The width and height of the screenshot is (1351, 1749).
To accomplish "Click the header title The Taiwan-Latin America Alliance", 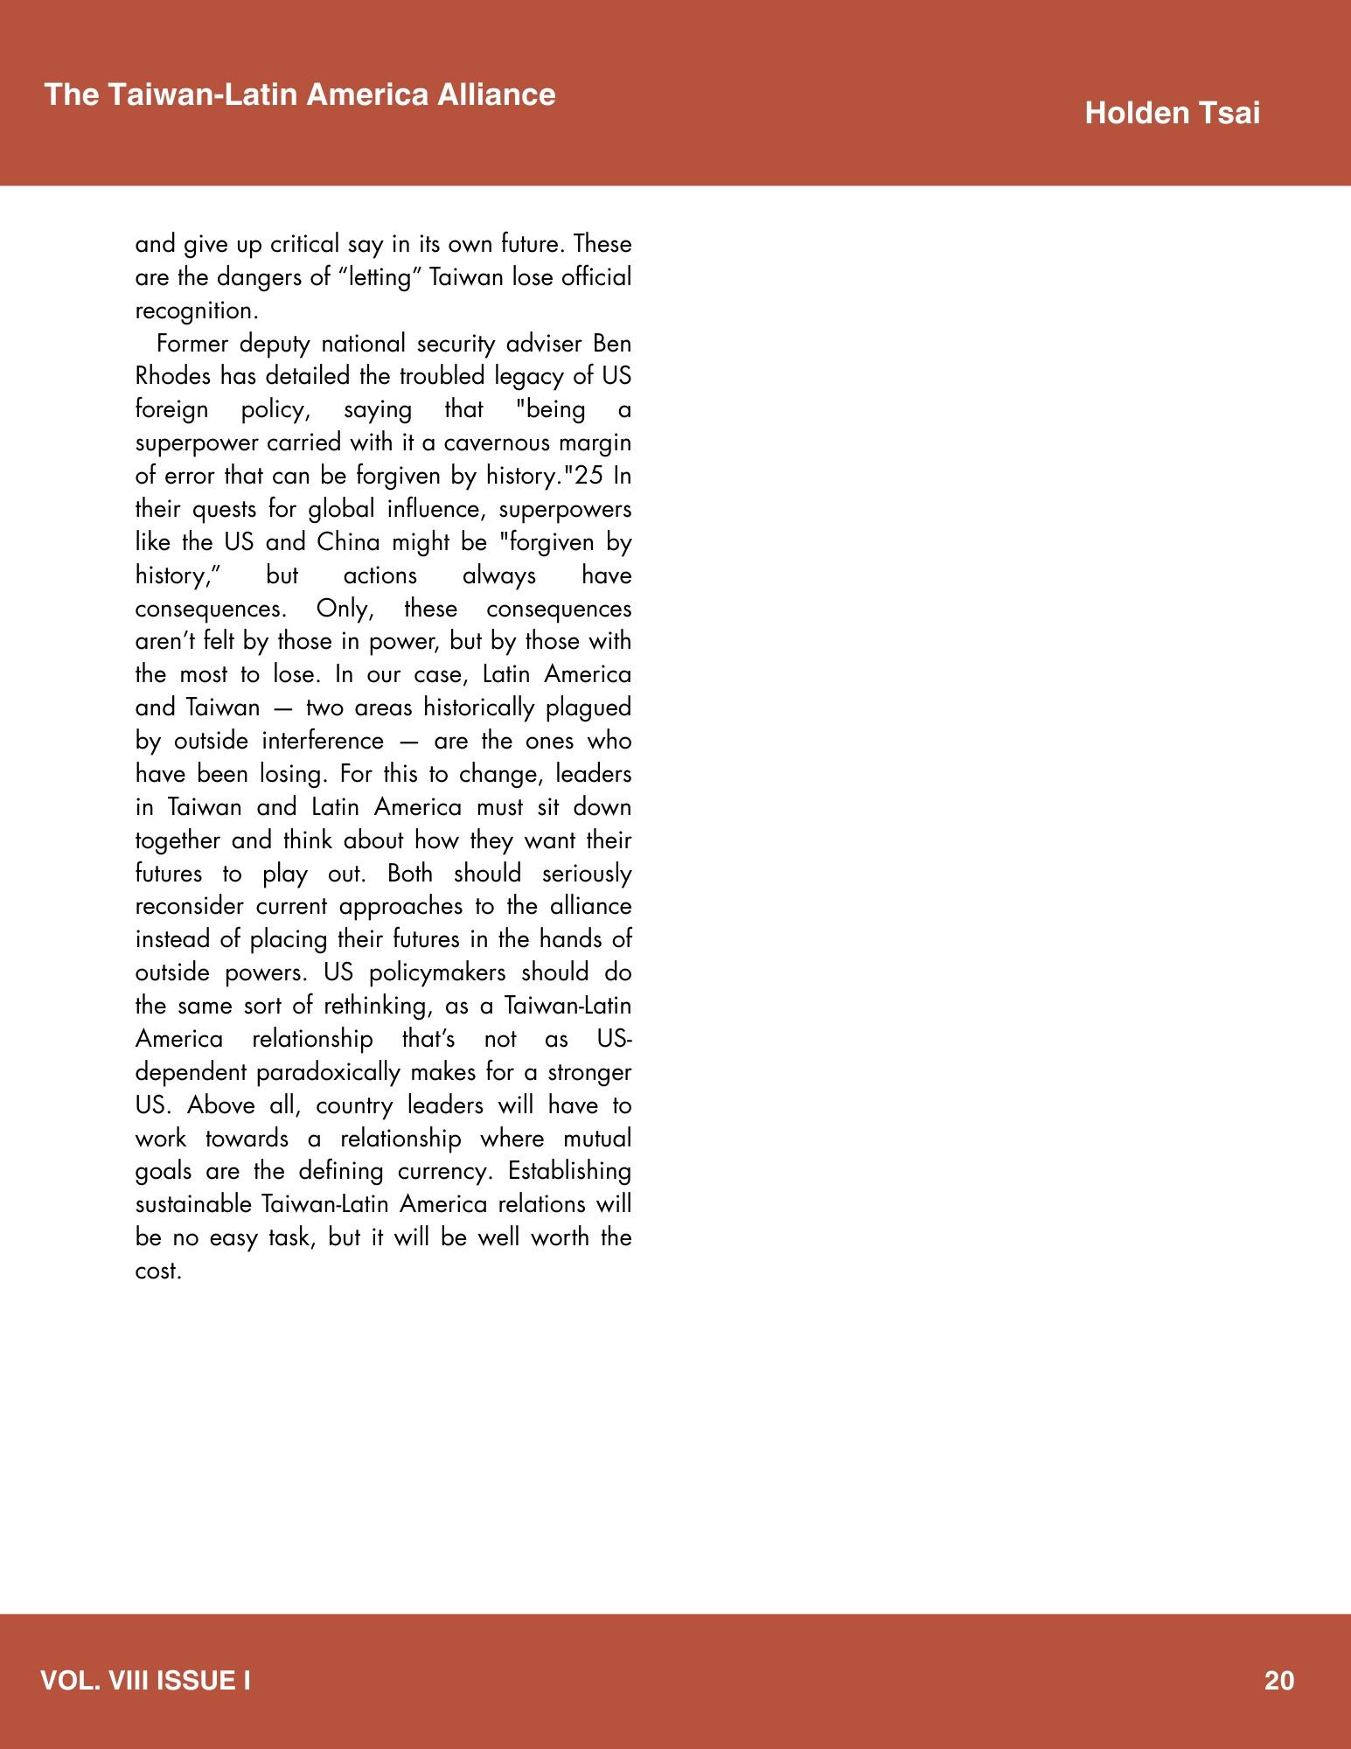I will [300, 94].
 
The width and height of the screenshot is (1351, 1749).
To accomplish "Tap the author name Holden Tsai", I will [1172, 114].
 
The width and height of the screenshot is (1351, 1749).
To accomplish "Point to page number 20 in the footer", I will [1278, 1681].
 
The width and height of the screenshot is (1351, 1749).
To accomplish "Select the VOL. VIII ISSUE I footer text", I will [146, 1681].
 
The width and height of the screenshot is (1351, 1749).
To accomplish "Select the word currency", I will [446, 1172].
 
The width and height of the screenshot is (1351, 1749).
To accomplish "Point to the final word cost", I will [158, 1272].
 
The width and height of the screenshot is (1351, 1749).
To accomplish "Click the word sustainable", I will [194, 1205].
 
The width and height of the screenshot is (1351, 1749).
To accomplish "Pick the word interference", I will [322, 742].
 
